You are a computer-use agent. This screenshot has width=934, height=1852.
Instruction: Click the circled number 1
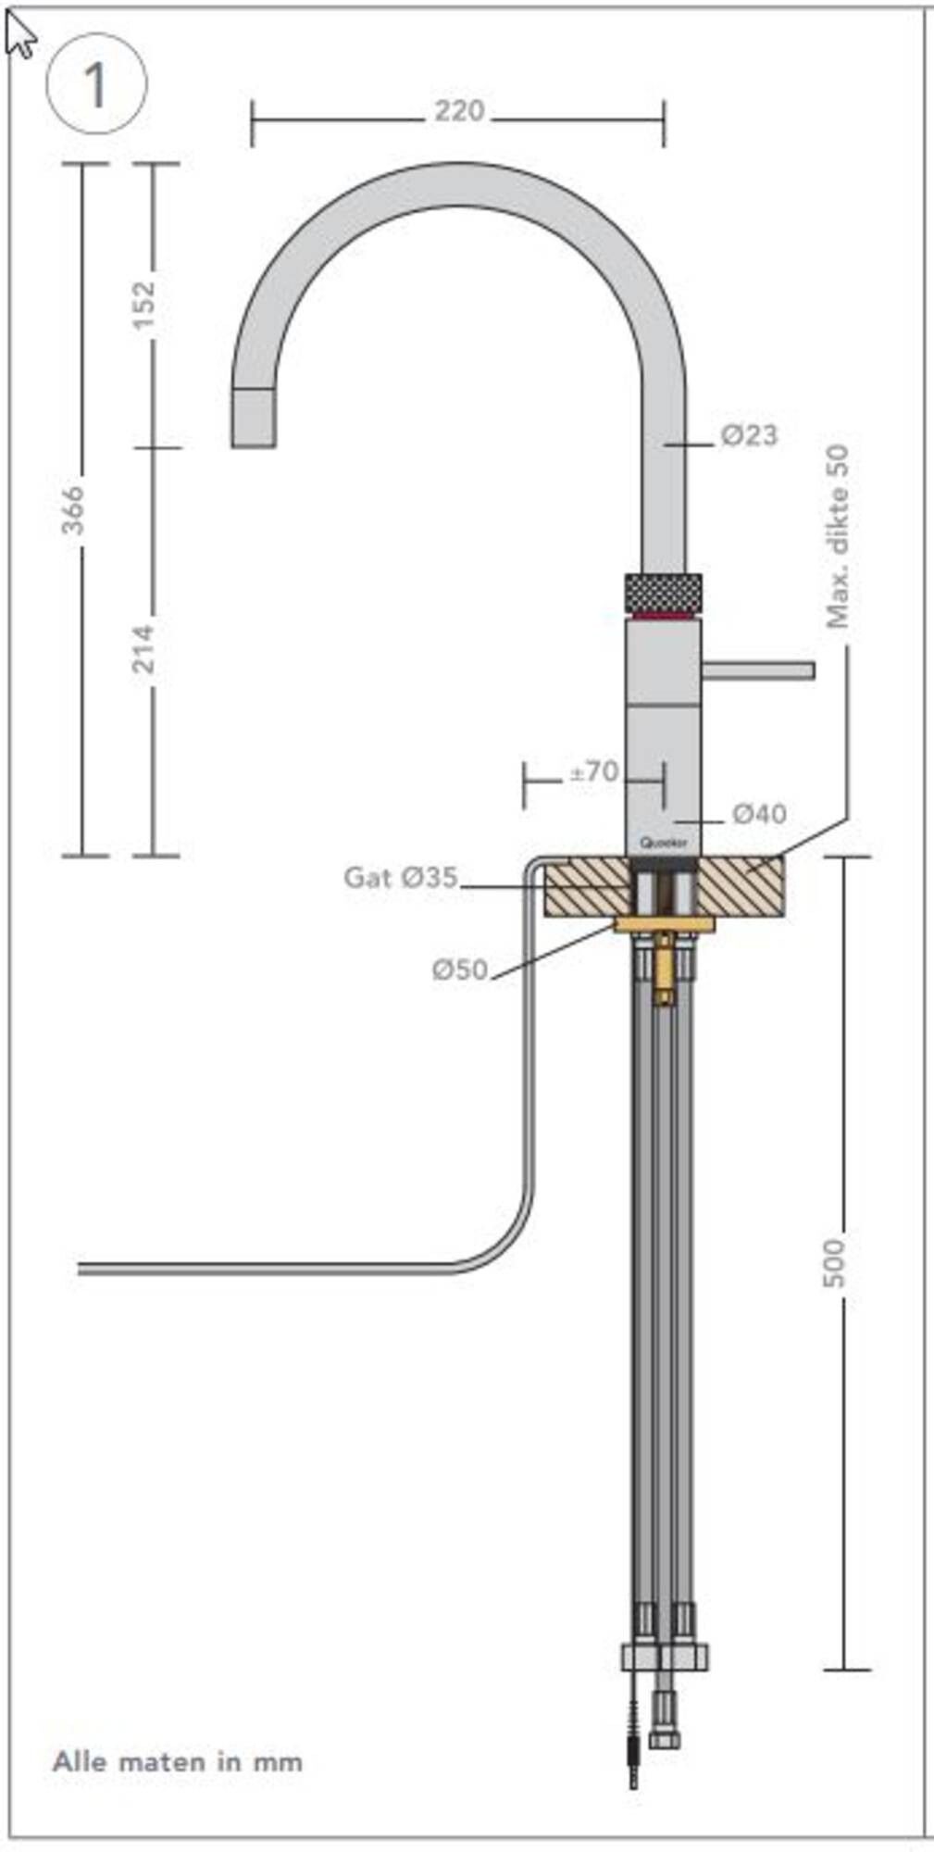[x=95, y=85]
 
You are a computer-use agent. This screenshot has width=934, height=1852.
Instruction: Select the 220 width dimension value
[x=460, y=111]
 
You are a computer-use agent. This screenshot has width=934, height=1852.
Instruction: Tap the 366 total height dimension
[x=72, y=509]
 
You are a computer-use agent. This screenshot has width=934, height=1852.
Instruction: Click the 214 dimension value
[x=144, y=648]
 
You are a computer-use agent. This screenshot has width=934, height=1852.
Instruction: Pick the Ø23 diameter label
[x=749, y=434]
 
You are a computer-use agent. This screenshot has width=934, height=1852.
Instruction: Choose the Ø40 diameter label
[x=759, y=814]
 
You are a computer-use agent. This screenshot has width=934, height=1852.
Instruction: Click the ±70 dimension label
[x=593, y=771]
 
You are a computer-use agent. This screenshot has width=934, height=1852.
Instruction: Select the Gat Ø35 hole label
[x=401, y=877]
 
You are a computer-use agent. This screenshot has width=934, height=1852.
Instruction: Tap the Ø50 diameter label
[x=459, y=970]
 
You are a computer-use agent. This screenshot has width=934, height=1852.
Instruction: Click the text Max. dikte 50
[x=838, y=537]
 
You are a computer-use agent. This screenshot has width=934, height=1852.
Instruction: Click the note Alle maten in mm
[x=177, y=1761]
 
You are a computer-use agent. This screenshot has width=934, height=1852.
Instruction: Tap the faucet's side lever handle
[x=759, y=669]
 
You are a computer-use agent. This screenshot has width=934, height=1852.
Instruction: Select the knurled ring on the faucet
[x=663, y=591]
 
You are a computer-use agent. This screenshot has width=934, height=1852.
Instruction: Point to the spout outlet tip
[x=253, y=419]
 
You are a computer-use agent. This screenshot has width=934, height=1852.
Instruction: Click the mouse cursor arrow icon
[x=19, y=35]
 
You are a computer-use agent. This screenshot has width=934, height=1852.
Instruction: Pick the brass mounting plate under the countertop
[x=665, y=924]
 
